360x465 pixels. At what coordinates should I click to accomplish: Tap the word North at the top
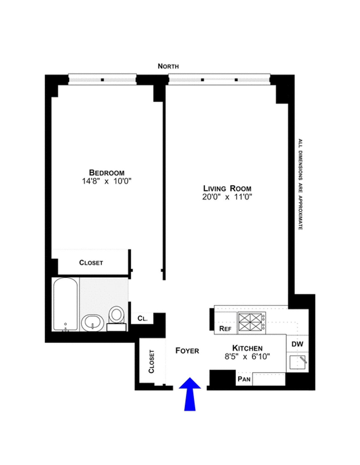[x=168, y=66]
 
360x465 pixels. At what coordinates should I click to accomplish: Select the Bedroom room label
[x=106, y=173]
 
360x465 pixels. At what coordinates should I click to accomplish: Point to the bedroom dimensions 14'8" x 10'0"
[x=106, y=181]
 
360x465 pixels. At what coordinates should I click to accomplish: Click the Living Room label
[x=227, y=189]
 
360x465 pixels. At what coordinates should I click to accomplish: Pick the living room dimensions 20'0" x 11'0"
[x=227, y=197]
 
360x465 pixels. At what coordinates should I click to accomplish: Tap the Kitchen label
[x=247, y=348]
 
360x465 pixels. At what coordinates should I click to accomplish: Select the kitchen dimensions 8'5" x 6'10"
[x=247, y=356]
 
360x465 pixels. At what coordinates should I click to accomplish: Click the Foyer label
[x=187, y=350]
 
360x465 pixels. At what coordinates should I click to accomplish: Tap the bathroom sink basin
[x=92, y=323]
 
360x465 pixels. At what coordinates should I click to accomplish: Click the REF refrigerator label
[x=225, y=329]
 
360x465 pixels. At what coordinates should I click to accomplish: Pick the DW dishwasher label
[x=297, y=344]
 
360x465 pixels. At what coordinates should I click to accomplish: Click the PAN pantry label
[x=244, y=379]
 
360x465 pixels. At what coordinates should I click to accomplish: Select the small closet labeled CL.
[x=142, y=318]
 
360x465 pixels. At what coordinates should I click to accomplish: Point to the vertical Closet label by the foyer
[x=151, y=361]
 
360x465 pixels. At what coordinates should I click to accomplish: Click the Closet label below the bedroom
[x=91, y=263]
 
